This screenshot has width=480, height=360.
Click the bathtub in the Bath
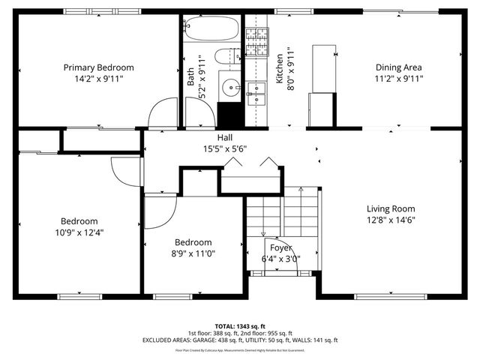pyautogui.click(x=211, y=30)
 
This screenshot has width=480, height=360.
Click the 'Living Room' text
pyautogui.click(x=391, y=208)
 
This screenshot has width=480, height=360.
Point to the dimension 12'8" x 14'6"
pyautogui.click(x=391, y=220)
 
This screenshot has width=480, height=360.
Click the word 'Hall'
pyautogui.click(x=225, y=138)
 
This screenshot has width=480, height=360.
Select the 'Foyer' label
pyautogui.click(x=280, y=247)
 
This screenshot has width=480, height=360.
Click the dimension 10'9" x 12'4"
pyautogui.click(x=79, y=232)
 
